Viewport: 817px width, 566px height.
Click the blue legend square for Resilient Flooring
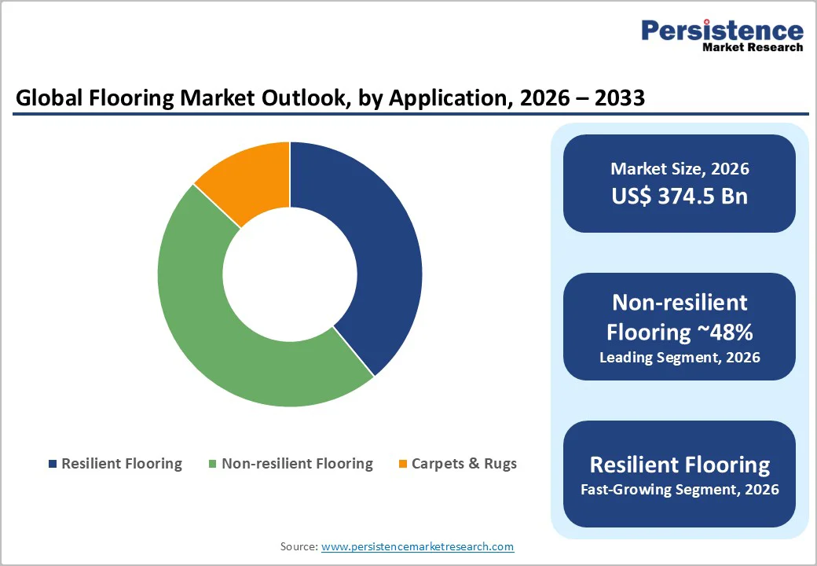(53, 464)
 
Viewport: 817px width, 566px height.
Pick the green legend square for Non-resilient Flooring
(212, 464)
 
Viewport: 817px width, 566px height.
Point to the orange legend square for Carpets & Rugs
(403, 464)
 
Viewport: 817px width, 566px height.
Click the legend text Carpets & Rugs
(463, 464)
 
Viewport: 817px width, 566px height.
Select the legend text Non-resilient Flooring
(297, 464)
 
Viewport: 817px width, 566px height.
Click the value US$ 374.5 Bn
(680, 196)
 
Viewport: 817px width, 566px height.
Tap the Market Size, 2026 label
(680, 169)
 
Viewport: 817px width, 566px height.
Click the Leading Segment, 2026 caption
(680, 358)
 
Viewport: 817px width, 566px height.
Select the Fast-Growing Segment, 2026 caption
(680, 490)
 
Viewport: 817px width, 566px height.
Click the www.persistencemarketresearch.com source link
(417, 546)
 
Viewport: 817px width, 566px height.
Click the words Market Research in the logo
(753, 47)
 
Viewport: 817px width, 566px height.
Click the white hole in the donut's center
(290, 274)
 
